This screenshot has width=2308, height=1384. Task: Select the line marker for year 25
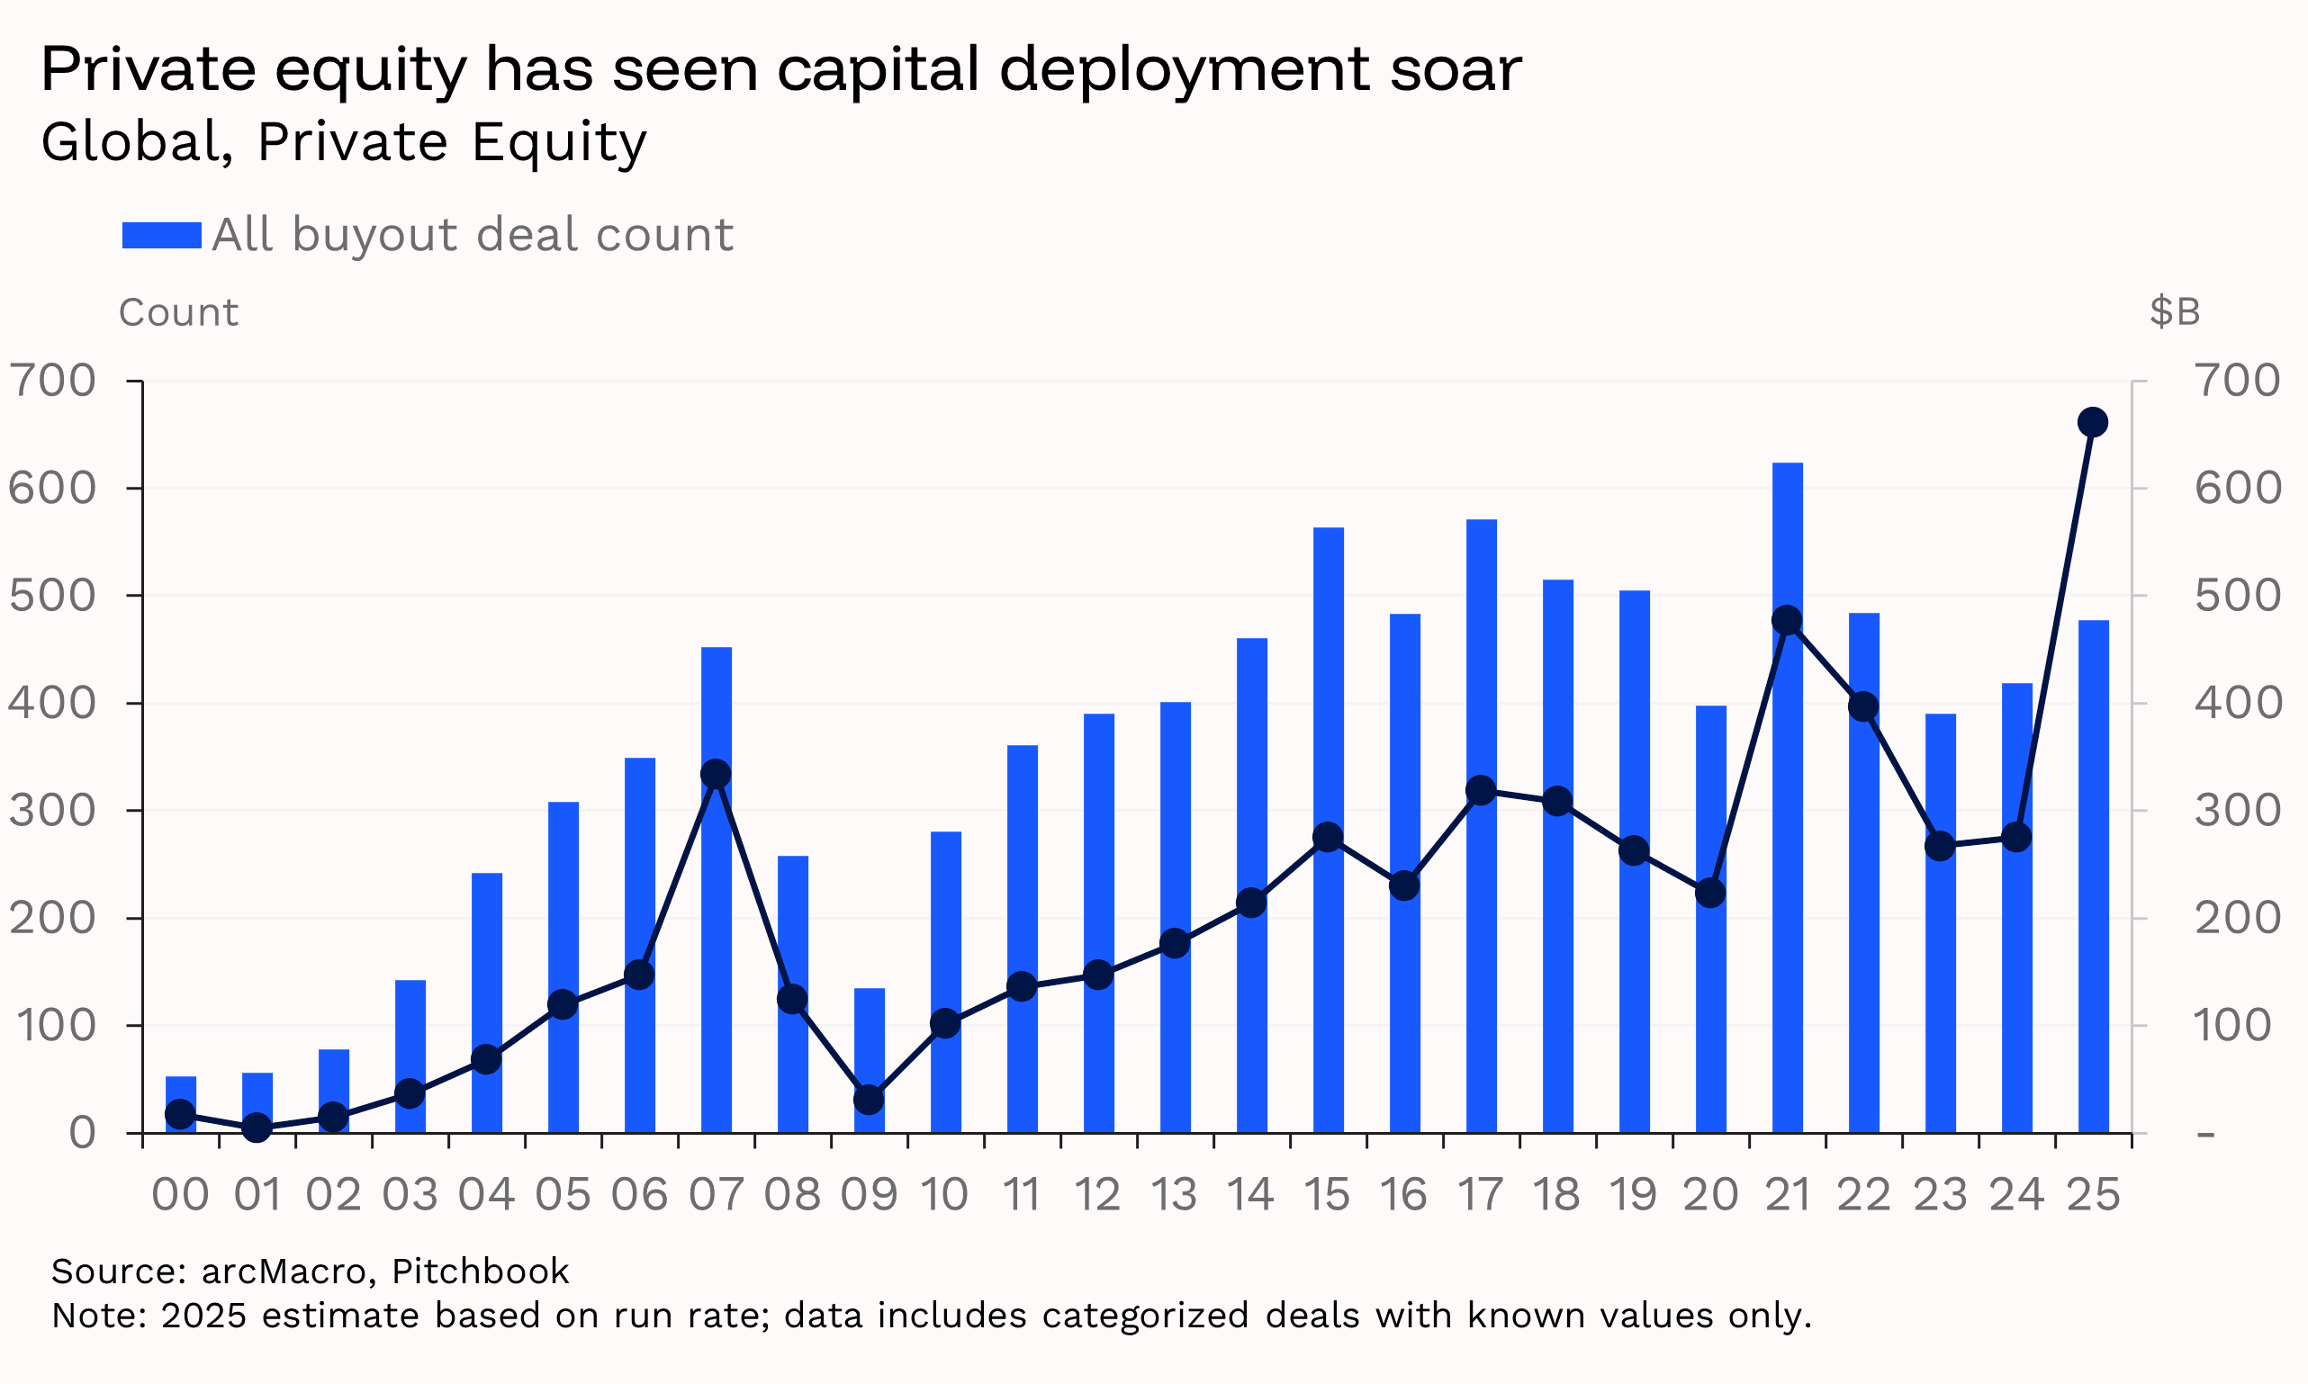[x=2093, y=422]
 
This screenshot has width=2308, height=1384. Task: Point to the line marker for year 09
[x=869, y=1100]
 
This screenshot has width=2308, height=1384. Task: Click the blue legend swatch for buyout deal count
[x=161, y=235]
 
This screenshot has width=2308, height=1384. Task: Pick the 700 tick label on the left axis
[x=52, y=381]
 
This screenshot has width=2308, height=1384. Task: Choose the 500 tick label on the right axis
[x=2237, y=595]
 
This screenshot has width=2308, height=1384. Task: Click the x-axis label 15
[x=1327, y=1196]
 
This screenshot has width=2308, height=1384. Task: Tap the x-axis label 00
[x=180, y=1196]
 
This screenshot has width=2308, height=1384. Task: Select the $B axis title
[x=2175, y=311]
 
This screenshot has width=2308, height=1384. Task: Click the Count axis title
[x=178, y=312]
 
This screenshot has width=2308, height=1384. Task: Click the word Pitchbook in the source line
[x=480, y=1272]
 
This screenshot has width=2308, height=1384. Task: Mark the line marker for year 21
[x=1787, y=620]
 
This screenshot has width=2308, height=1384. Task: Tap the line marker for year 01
[x=257, y=1128]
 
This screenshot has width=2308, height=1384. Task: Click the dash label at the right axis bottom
[x=2205, y=1134]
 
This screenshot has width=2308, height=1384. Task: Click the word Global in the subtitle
[x=136, y=143]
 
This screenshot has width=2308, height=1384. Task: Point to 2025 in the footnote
[x=203, y=1316]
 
